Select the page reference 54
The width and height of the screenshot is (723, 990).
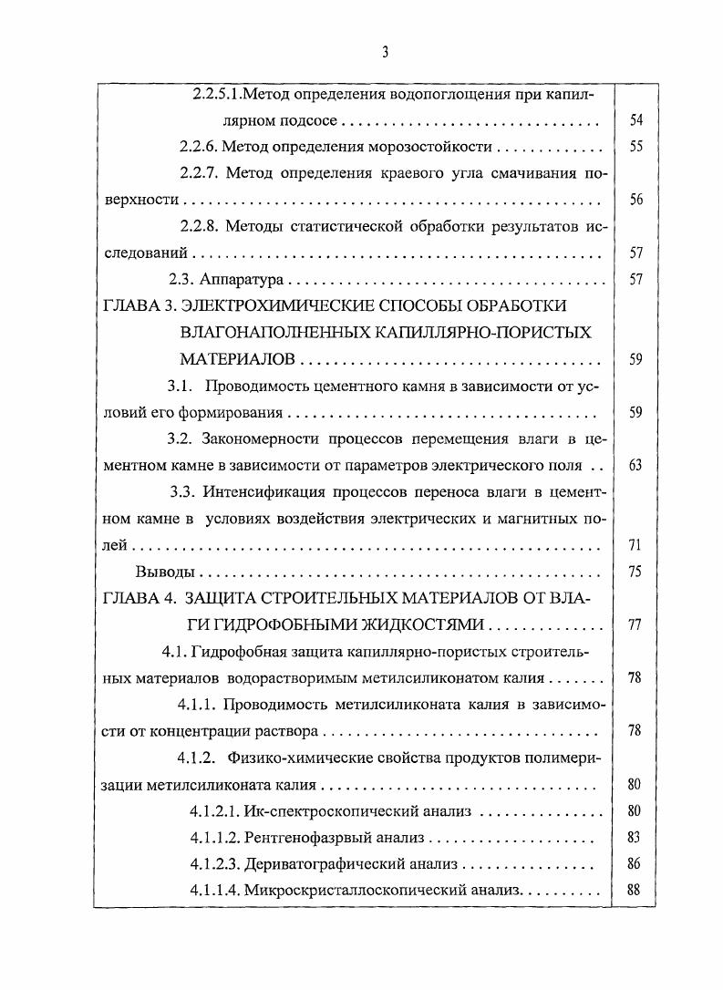636,121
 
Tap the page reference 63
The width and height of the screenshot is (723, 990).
636,465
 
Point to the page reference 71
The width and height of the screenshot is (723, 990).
636,545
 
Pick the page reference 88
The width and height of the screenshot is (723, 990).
636,889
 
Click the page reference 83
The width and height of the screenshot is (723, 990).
636,836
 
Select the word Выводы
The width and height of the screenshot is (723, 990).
164,572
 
